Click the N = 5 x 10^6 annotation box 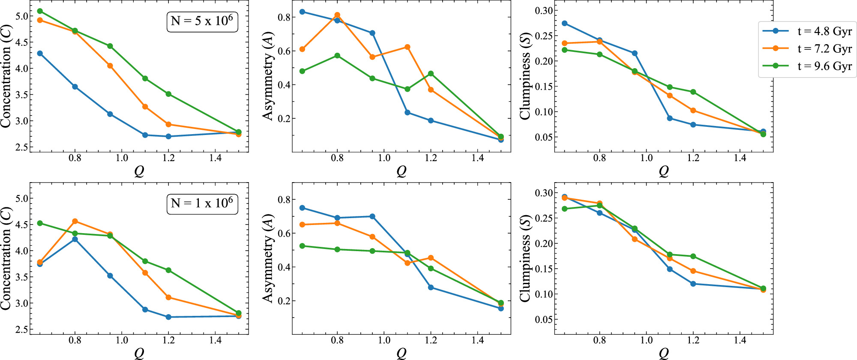tap(202, 21)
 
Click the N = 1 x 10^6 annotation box tap(202, 203)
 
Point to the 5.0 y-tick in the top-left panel tap(22, 16)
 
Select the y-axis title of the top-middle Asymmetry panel tap(268, 76)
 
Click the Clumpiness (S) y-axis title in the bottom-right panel tap(525, 258)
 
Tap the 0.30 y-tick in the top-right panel tap(543, 10)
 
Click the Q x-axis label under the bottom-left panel tap(139, 353)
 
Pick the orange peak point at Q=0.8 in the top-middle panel tap(337, 15)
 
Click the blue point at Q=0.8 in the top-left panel tap(75, 87)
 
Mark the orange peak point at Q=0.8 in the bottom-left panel tap(75, 221)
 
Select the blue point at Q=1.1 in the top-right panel tap(670, 118)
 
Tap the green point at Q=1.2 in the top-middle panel tap(431, 74)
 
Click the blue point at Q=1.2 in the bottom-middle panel tap(431, 287)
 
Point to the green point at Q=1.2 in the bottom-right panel tap(693, 256)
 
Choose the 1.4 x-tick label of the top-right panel tap(740, 158)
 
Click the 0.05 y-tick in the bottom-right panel tap(543, 319)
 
